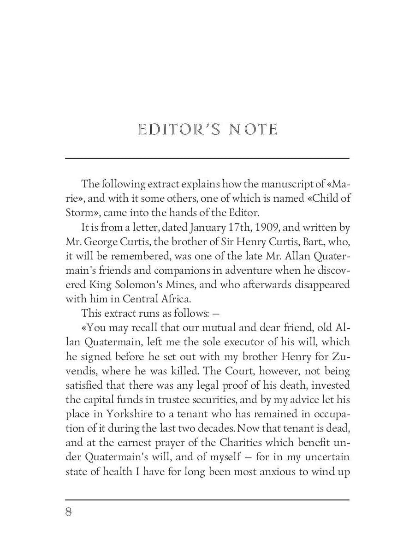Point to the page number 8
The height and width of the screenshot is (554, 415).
coord(69,512)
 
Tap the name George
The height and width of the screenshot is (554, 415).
coord(105,241)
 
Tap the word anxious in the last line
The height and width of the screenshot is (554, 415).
coord(277,471)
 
